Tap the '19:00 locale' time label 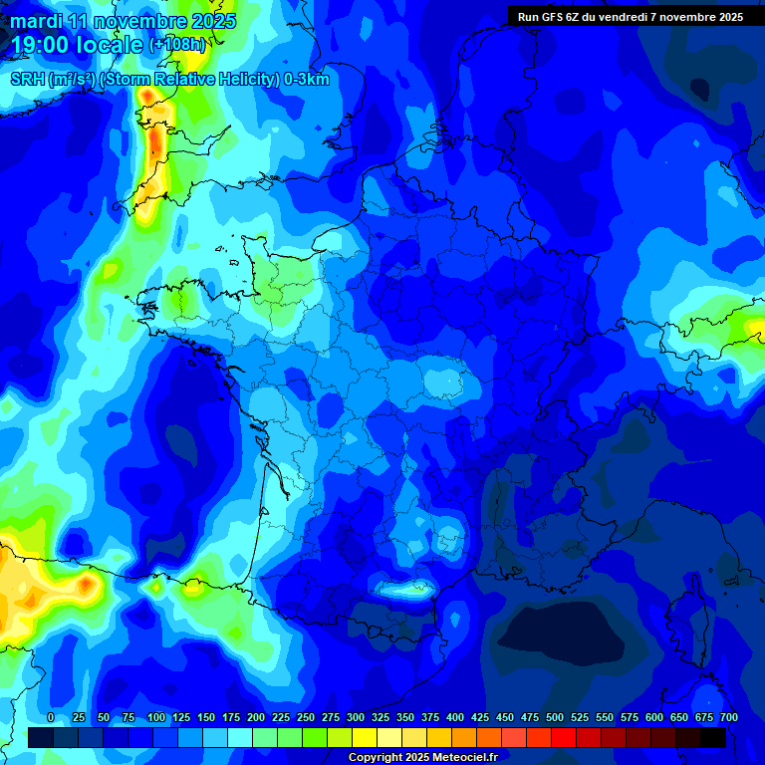pos(78,45)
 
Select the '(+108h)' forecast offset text pos(177,45)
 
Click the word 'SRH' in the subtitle pos(27,80)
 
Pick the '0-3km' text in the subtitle pos(308,80)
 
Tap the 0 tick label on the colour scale pos(51,718)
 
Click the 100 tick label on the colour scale pos(156,718)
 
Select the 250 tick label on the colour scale pos(306,718)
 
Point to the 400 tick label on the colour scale pos(455,718)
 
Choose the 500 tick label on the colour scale pos(555,718)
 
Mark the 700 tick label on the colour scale pos(729,718)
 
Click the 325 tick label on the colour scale pos(381,718)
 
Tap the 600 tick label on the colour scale pos(654,718)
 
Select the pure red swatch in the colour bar pos(564,738)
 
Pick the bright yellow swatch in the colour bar pos(365,738)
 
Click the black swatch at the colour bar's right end pos(713,738)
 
